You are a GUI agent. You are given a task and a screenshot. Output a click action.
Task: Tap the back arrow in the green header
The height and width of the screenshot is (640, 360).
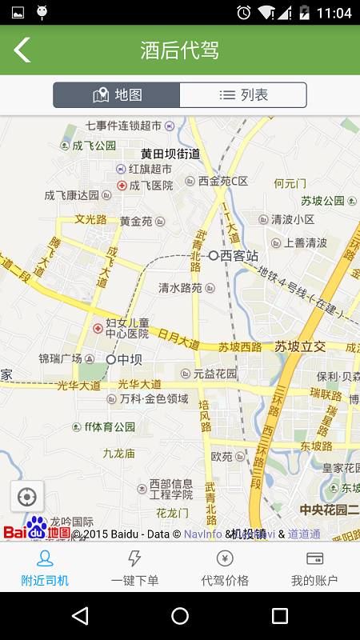point(22,50)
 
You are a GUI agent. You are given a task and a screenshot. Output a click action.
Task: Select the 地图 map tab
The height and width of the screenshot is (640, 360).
point(117,95)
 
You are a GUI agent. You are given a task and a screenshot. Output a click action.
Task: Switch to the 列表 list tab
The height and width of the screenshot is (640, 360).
point(243,95)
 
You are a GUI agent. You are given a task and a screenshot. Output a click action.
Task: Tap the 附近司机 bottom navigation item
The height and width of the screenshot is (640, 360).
point(45,567)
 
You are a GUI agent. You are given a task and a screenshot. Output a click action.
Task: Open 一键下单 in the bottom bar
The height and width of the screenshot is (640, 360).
point(135,567)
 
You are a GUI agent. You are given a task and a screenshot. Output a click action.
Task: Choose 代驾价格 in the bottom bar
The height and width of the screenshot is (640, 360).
point(225,567)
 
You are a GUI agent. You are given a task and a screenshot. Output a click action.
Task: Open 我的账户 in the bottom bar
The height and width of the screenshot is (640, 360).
point(314,567)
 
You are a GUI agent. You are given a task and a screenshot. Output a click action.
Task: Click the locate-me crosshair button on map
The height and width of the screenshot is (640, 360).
point(26,497)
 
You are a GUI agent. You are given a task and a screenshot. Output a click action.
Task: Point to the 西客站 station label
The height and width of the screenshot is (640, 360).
point(239,256)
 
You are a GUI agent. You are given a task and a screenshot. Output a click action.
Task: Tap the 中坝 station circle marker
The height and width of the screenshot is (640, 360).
point(111,360)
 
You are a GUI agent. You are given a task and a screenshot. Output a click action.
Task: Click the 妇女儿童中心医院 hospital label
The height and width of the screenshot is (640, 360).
point(127,328)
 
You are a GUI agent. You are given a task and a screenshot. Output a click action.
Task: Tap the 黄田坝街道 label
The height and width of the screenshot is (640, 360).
point(170,154)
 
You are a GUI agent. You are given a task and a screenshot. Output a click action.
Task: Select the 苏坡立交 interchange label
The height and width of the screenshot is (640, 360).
point(300,346)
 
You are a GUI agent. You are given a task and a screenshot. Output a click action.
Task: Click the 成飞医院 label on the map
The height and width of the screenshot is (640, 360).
point(151,186)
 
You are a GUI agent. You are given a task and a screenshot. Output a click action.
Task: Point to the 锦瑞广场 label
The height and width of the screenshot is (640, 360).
point(61,359)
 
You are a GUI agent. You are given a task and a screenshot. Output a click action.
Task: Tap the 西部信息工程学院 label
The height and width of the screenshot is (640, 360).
point(171,490)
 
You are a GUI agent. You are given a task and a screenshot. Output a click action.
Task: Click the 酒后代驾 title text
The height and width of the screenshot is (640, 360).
point(179,51)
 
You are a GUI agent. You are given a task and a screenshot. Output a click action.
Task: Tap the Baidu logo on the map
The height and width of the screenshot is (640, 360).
point(37,530)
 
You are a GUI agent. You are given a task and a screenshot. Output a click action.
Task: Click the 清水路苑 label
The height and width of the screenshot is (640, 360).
point(180,288)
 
